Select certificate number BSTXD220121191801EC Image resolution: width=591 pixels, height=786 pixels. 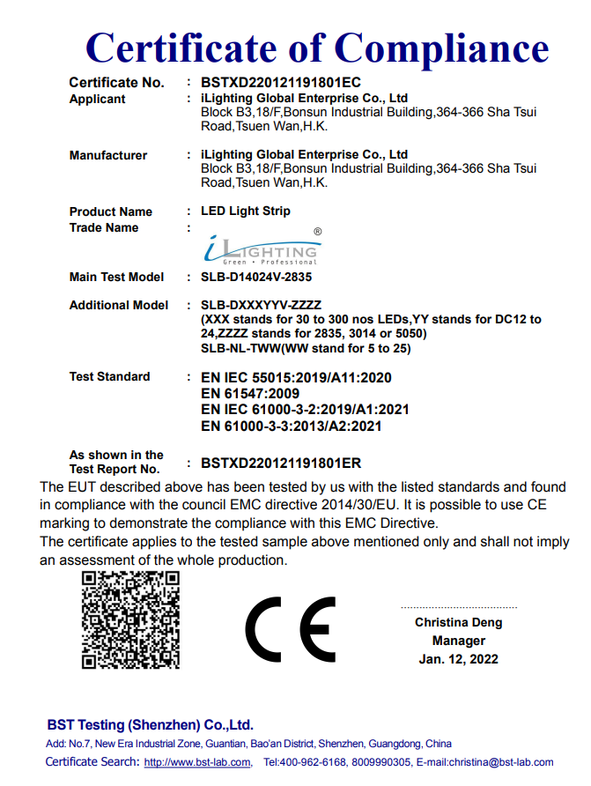(281, 83)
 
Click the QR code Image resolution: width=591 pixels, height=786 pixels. (130, 619)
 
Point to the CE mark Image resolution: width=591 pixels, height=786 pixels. (290, 629)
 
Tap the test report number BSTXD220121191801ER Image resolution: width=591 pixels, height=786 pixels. (281, 463)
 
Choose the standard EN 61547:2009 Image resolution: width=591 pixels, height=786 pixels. (250, 393)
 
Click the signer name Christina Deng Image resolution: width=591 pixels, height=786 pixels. (459, 623)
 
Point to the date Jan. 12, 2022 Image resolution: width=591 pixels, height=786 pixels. (459, 659)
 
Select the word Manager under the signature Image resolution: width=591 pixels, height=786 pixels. (459, 641)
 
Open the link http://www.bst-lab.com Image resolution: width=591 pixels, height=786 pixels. (196, 763)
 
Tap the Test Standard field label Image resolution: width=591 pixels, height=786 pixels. (109, 377)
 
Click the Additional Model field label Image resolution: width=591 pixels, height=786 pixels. (119, 306)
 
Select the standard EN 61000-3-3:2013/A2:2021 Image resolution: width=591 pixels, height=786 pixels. (291, 426)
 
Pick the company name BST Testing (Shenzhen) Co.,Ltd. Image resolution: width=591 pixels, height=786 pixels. (150, 725)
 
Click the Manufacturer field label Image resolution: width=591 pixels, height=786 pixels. (108, 156)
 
